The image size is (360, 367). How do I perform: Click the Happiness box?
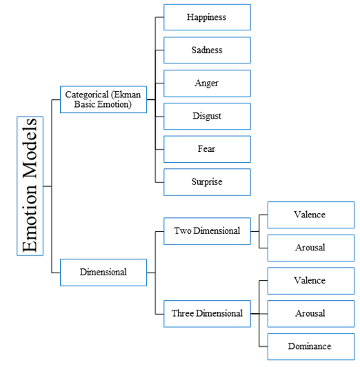207,17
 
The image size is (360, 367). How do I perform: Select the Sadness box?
207,50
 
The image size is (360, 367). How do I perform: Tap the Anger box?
207,83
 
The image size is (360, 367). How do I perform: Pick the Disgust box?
207,116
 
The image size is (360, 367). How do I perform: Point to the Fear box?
207,149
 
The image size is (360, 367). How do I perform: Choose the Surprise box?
207,182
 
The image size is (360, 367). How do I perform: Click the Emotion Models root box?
30,186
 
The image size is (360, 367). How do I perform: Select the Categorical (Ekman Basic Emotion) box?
103,99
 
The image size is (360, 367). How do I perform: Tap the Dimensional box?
103,272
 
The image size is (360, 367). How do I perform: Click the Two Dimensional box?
207,231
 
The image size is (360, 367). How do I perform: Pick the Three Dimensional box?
207,314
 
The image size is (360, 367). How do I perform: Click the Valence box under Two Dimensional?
311,215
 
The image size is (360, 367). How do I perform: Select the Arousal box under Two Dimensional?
311,248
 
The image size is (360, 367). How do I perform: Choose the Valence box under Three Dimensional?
311,281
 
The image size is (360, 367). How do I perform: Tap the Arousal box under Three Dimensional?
311,314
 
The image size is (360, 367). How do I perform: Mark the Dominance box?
311,346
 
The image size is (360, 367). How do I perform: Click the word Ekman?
128,95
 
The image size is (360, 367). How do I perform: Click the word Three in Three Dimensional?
181,313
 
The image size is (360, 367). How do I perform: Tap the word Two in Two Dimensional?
183,231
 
